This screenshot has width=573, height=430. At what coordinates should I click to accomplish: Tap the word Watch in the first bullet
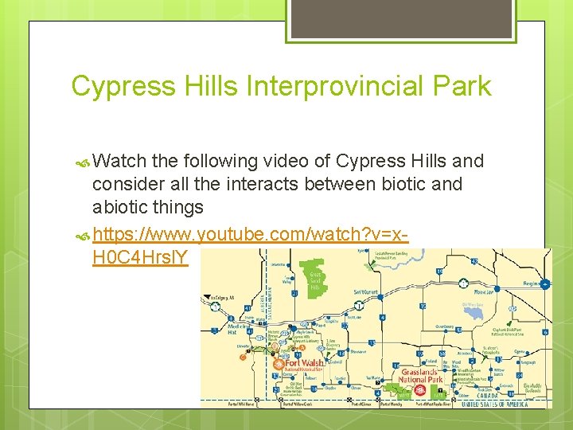point(119,161)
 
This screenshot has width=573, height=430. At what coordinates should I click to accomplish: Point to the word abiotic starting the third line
point(121,207)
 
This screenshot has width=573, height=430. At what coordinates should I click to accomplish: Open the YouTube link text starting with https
point(251,235)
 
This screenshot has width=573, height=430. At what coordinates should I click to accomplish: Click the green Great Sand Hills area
point(316,275)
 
